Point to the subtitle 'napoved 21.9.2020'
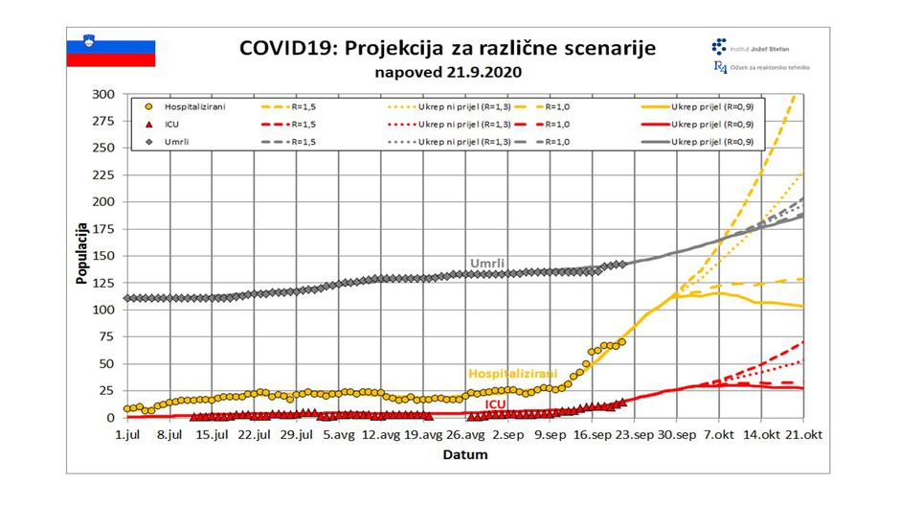click(x=448, y=72)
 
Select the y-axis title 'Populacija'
click(x=83, y=255)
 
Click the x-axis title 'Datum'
click(x=464, y=454)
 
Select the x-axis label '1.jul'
click(x=127, y=434)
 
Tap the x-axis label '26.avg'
click(x=465, y=434)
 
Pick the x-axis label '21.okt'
click(x=803, y=434)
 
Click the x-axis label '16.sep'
click(x=593, y=434)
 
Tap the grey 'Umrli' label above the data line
click(x=487, y=264)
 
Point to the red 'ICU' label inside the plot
click(x=495, y=404)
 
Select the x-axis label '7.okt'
click(x=719, y=434)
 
